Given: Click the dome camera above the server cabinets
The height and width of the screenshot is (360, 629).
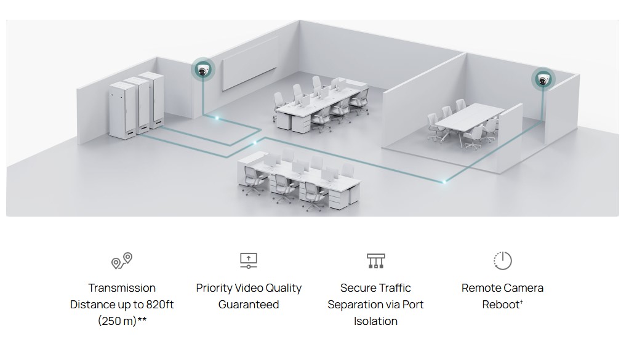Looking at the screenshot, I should (x=202, y=69).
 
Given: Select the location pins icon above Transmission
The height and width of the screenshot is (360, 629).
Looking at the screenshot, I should (x=121, y=260).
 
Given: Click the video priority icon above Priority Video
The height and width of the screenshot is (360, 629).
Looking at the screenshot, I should (x=248, y=260).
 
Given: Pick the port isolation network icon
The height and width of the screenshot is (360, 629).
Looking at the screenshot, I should (x=375, y=260).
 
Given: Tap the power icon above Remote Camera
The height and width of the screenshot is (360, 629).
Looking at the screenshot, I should (x=502, y=260).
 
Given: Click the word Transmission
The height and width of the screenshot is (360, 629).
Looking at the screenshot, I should (x=122, y=288).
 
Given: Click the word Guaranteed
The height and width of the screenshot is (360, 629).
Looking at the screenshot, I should (x=249, y=305).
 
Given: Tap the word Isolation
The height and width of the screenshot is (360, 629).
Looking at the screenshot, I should (x=375, y=321).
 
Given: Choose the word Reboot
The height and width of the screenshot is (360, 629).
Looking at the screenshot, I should (x=501, y=305).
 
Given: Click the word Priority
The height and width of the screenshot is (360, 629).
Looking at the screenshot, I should (x=214, y=288).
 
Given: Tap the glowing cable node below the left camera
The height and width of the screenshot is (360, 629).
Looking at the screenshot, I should (x=215, y=116).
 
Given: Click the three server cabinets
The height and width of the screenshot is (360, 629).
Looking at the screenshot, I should (x=137, y=102).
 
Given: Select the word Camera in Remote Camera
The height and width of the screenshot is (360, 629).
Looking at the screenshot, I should (x=524, y=288).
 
